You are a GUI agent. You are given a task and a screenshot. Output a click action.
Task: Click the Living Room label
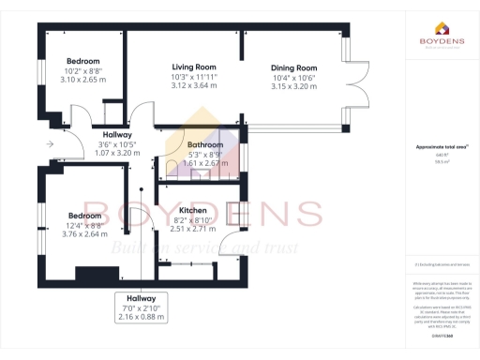pos(194,67)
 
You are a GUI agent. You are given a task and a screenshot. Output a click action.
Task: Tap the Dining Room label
pos(293,68)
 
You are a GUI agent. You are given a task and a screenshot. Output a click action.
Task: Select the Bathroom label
pos(205,145)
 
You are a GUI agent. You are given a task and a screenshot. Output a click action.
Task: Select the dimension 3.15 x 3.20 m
pos(293,86)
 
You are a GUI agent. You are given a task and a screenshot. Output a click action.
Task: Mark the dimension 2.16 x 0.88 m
pos(142,317)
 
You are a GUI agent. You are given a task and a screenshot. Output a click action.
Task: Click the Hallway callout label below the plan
pos(142,298)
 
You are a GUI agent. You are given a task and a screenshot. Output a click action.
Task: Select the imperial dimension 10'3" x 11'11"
pos(194,77)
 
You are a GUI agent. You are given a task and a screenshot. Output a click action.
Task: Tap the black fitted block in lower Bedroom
pos(92,274)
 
